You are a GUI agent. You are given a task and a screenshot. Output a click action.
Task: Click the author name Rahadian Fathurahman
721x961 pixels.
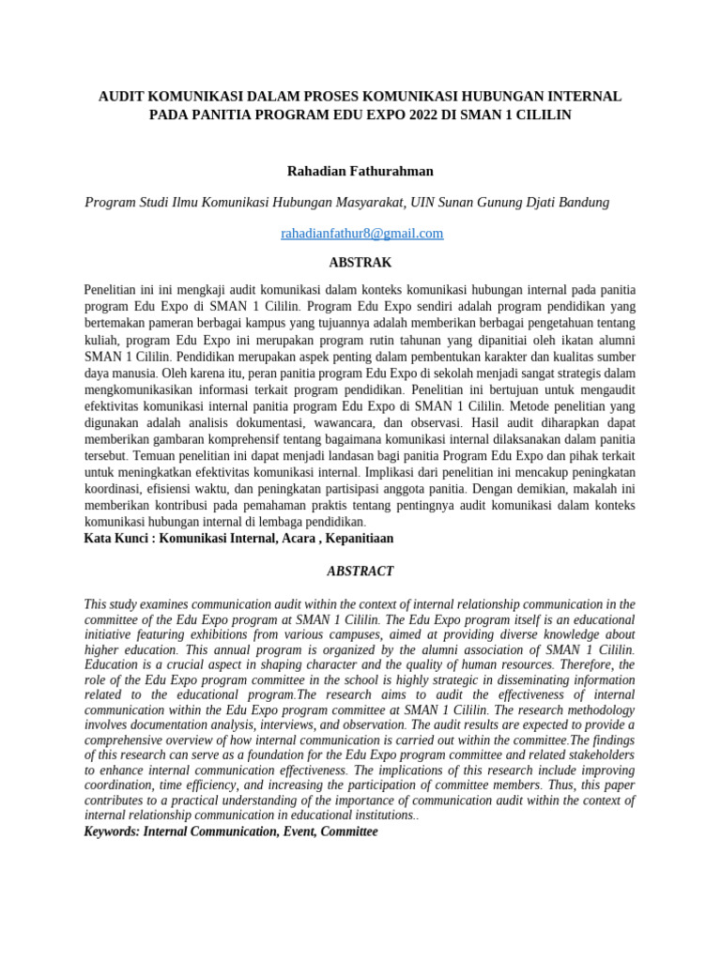point(360,171)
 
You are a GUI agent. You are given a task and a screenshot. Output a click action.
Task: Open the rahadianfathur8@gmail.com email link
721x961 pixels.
point(361,234)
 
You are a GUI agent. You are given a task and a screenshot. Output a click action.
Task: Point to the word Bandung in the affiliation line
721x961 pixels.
point(582,202)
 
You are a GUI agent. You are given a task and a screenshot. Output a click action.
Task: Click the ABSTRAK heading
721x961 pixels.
point(360,263)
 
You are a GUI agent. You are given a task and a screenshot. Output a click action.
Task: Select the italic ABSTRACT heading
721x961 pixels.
point(360,571)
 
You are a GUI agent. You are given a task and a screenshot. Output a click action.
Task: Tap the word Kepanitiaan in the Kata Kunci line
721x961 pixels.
point(358,539)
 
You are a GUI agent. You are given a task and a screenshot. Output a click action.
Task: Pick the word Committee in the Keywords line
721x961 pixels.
point(344,831)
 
